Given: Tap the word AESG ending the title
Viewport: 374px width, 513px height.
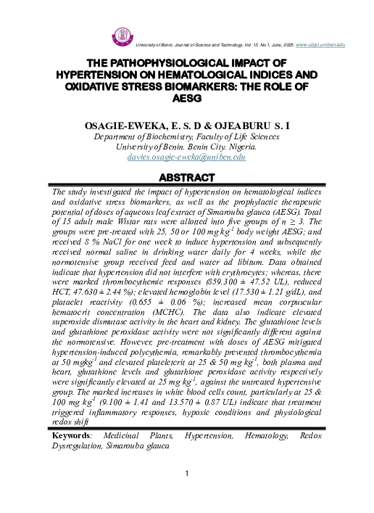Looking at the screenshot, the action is click(187, 97).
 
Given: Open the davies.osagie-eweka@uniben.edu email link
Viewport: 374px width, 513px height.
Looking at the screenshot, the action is click(186, 157).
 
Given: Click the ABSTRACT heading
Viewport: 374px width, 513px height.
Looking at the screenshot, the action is click(186, 177).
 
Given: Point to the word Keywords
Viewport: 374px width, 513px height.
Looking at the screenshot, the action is click(71, 437).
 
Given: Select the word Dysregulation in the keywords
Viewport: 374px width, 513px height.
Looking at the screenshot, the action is click(80, 447).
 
